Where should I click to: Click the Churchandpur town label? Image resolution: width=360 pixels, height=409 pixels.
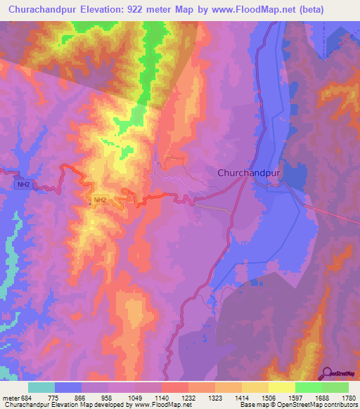click(x=250, y=172)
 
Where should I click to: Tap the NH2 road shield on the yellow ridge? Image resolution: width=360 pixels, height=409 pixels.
click(x=100, y=200)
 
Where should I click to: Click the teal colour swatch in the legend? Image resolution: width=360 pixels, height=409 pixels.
click(x=41, y=387)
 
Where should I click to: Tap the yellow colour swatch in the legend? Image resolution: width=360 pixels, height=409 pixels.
click(x=281, y=387)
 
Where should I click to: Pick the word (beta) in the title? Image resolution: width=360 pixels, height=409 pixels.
click(x=309, y=10)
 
